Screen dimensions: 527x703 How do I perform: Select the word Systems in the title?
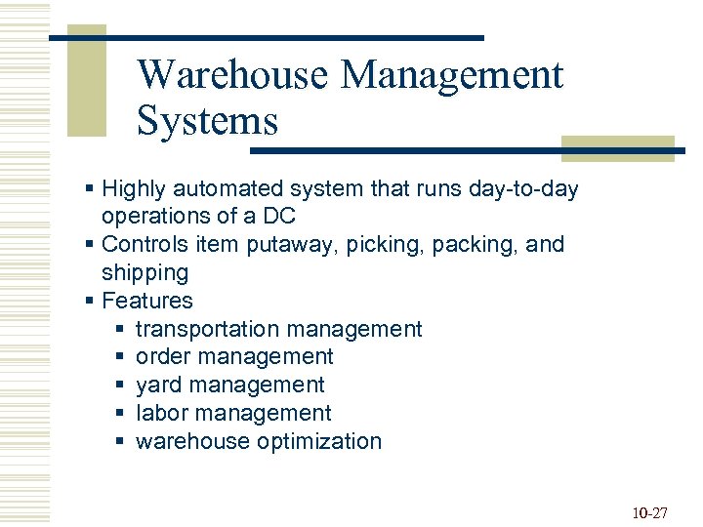207,122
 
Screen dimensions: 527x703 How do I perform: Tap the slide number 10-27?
648,512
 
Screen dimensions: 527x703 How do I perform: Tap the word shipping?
145,272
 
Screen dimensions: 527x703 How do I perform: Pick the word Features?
147,301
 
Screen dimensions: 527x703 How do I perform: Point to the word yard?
158,385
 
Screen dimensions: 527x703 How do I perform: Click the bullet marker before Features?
89,301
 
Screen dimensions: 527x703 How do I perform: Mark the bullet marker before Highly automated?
89,188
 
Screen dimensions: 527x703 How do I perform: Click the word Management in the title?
453,75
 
